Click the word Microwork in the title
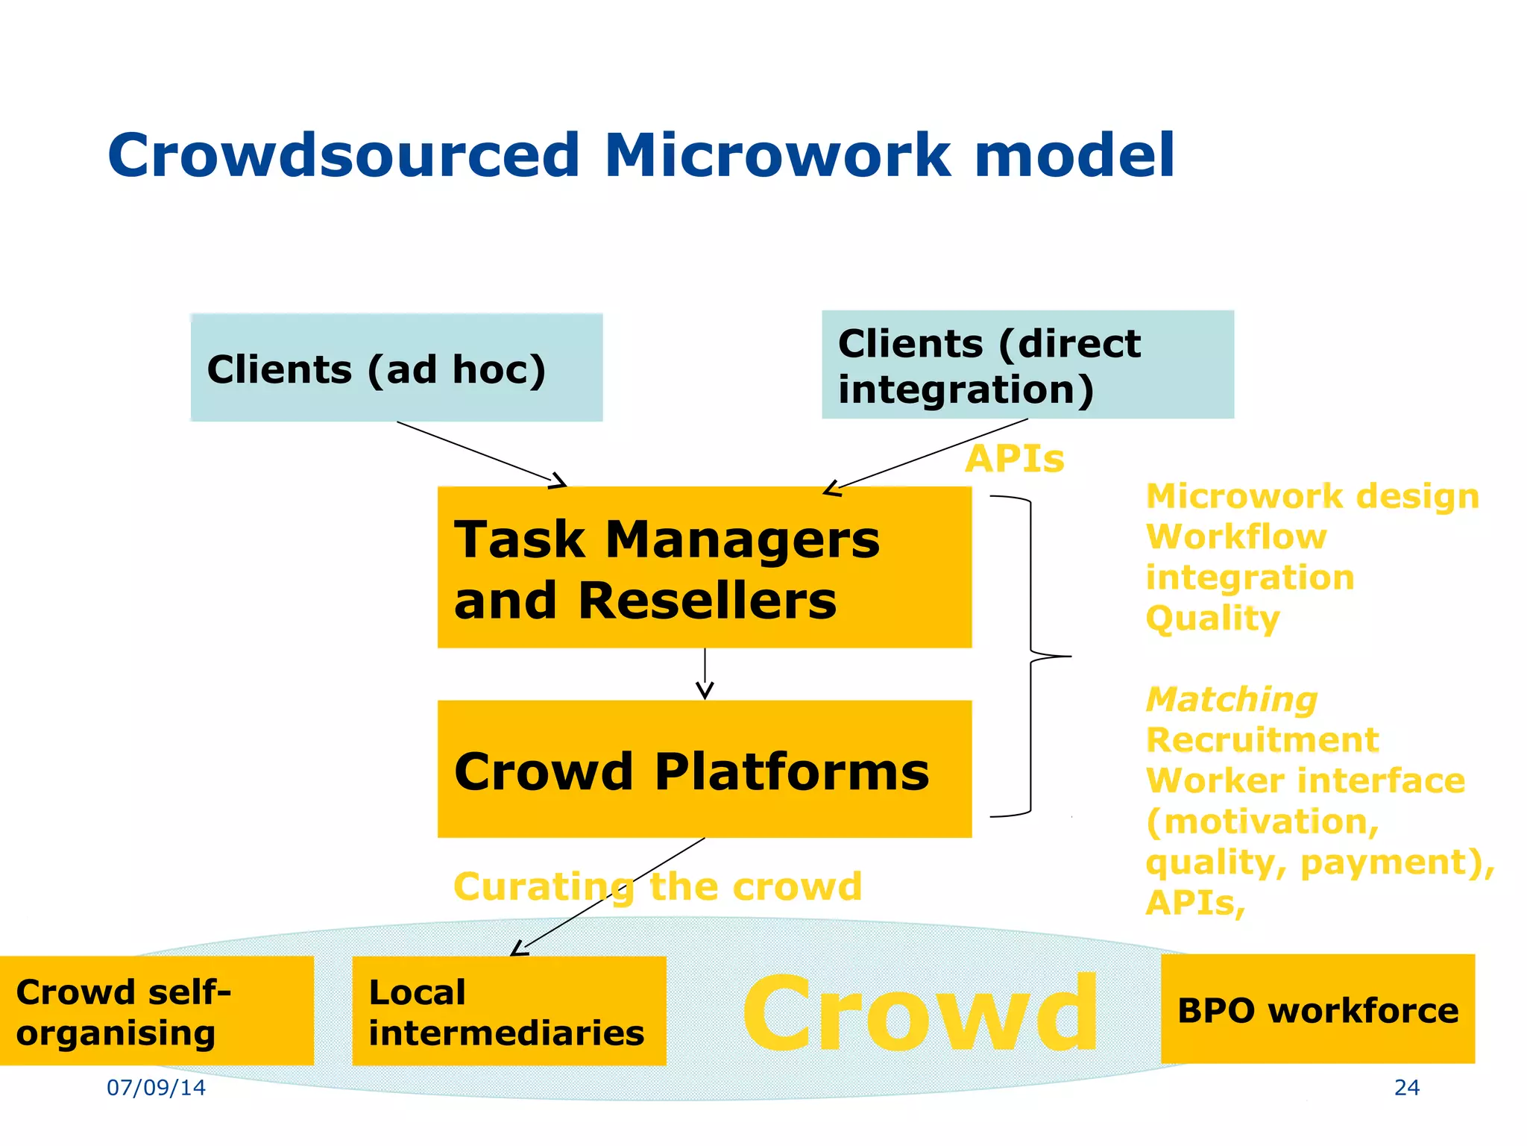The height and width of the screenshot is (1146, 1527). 778,155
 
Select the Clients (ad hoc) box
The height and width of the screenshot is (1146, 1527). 396,368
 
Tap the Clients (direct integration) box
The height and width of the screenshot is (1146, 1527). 1027,365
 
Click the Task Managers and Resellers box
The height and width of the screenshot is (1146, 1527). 704,568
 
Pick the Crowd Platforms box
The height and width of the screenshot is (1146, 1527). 704,769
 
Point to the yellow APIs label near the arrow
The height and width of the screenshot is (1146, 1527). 1014,458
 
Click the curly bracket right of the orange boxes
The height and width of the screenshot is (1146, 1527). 1031,657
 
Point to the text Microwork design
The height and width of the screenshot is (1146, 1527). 1312,496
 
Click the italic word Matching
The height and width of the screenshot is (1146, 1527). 1231,700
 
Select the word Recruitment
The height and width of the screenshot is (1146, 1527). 1262,740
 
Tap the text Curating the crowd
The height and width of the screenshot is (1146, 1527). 657,886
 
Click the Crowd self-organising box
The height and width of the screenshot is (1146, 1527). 156,1011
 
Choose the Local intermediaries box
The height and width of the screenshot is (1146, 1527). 509,1011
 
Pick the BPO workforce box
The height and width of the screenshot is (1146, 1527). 1317,1009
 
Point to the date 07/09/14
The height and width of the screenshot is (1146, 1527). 156,1088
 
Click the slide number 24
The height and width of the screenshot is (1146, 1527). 1406,1088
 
